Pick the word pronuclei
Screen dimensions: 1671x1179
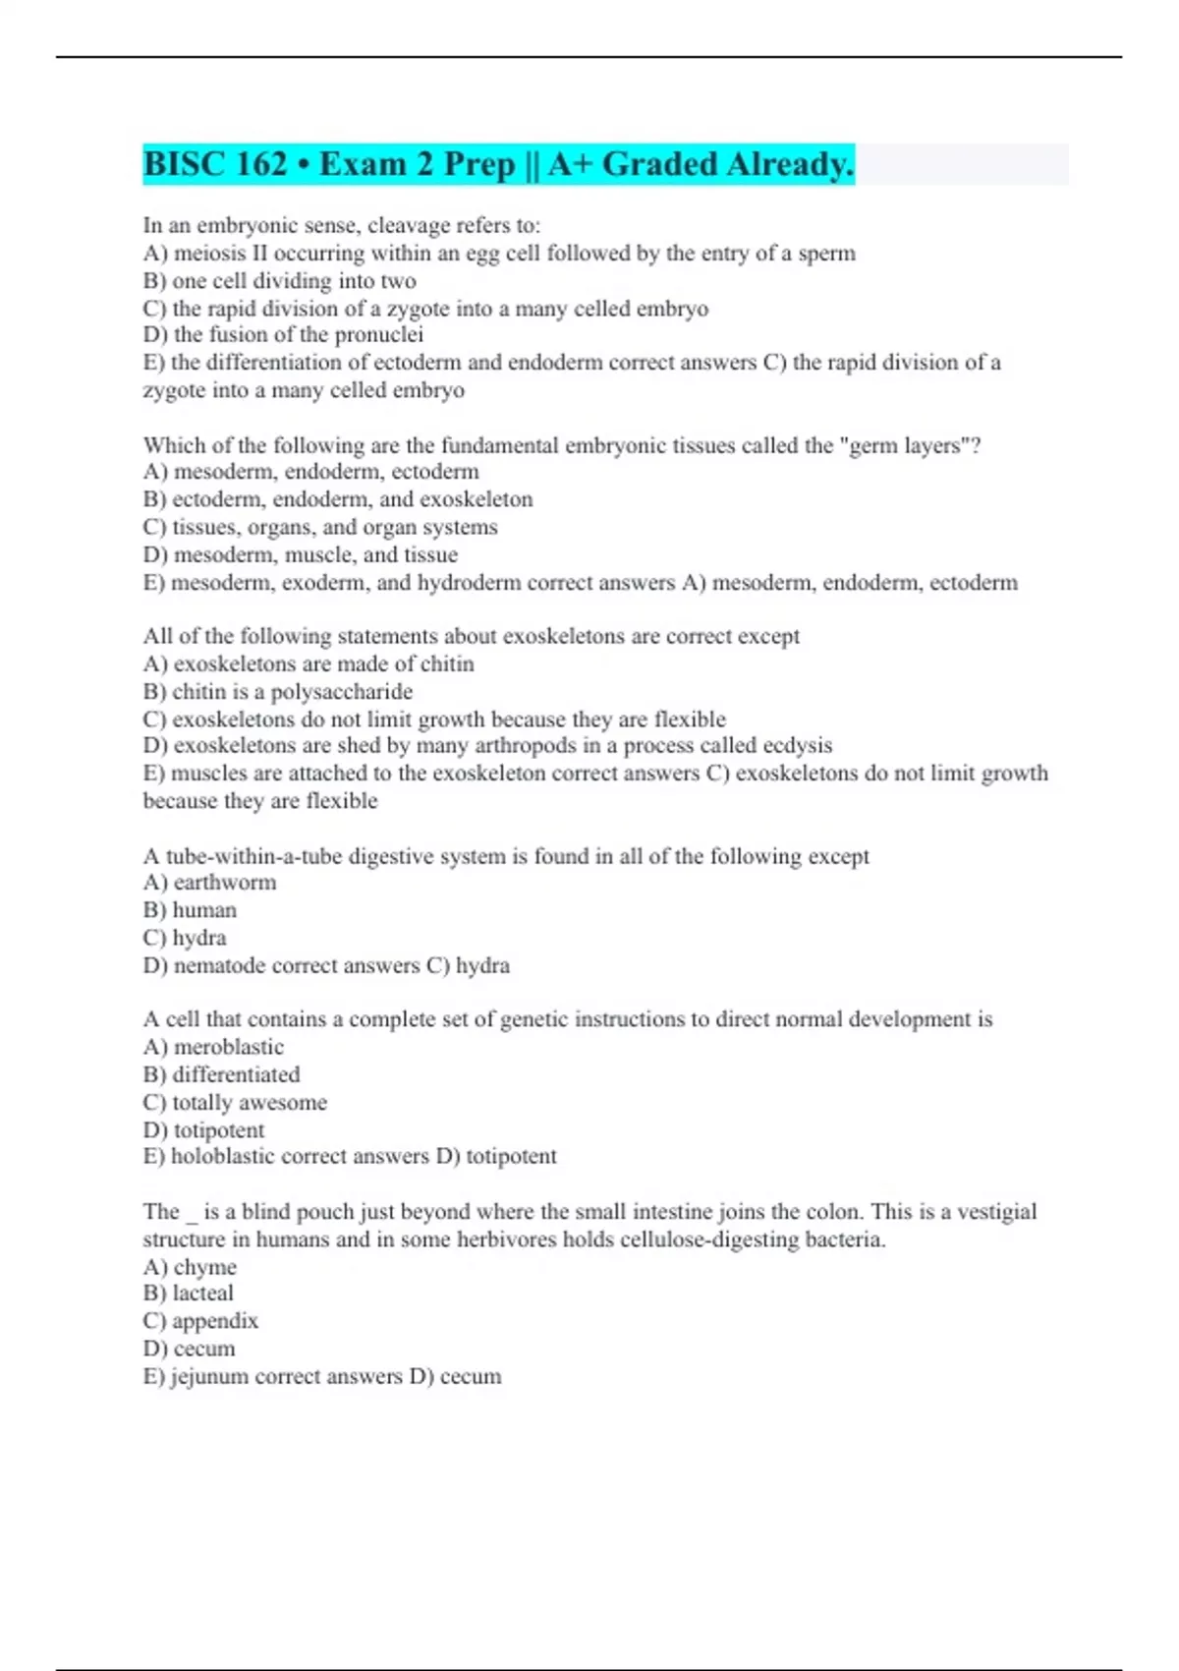point(379,335)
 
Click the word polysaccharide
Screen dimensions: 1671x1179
point(342,692)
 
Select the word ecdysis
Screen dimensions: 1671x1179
point(797,746)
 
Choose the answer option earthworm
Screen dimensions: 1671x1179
point(225,883)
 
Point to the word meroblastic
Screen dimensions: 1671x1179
point(229,1048)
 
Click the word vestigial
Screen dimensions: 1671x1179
point(996,1212)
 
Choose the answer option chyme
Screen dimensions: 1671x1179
point(205,1268)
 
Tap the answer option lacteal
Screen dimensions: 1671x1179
point(203,1294)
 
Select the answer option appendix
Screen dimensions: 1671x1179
point(215,1321)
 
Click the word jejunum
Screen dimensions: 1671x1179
point(209,1377)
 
